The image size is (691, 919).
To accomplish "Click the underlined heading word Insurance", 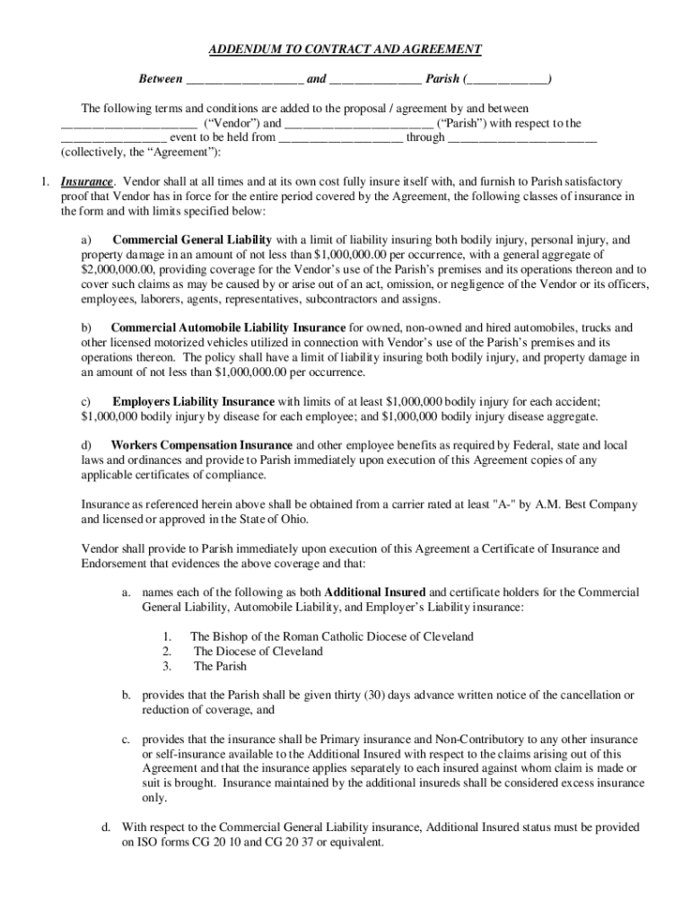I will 87,181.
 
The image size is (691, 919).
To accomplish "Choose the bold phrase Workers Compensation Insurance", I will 201,445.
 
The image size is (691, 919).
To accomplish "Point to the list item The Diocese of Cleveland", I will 258,652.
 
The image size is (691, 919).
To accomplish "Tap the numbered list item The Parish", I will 220,667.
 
